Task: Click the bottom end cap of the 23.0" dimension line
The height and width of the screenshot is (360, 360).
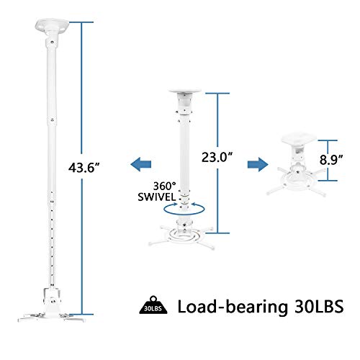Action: (217, 233)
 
